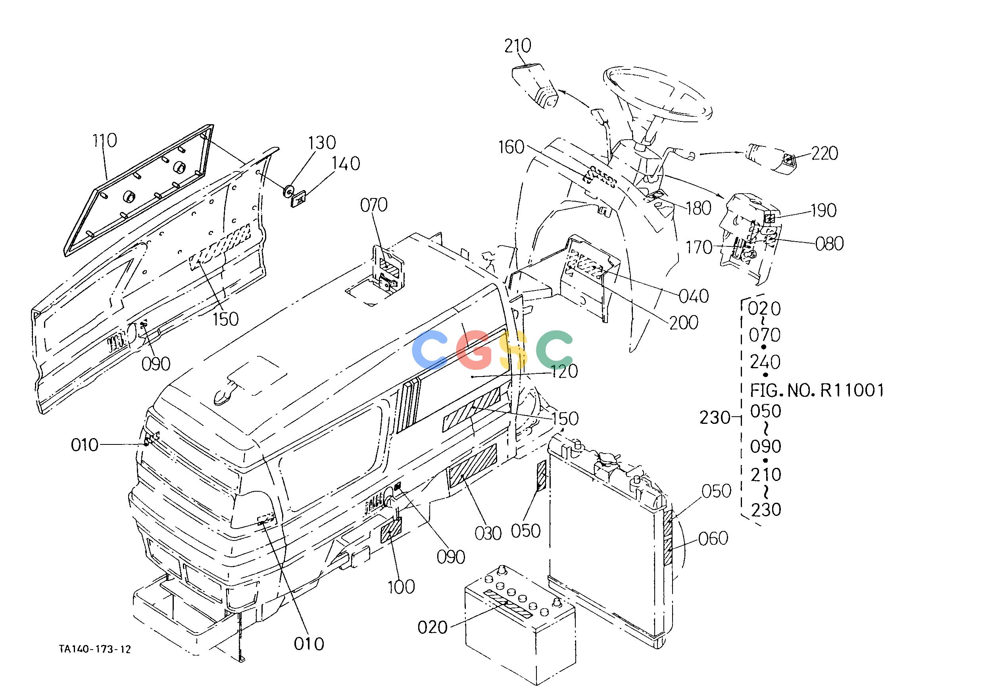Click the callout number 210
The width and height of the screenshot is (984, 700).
point(518,46)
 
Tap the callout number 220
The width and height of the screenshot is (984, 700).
point(824,154)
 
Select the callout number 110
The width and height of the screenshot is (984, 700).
point(104,140)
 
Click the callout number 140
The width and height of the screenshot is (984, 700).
point(346,164)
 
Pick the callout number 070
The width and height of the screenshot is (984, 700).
point(374,205)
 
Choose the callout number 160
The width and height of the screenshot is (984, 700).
point(511,147)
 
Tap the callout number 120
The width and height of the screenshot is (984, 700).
point(565,371)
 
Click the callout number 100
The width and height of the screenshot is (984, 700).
point(401,587)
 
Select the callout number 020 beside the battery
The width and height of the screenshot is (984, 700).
point(432,627)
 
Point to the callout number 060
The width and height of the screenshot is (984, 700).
point(713,539)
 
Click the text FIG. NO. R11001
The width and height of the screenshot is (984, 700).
point(817,390)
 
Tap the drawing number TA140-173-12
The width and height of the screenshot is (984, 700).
point(95,649)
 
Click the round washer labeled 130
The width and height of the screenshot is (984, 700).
point(288,190)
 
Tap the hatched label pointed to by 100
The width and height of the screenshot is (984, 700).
point(391,530)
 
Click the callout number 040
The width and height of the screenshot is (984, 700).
point(694,296)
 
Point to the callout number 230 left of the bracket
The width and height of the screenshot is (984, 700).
point(715,418)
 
